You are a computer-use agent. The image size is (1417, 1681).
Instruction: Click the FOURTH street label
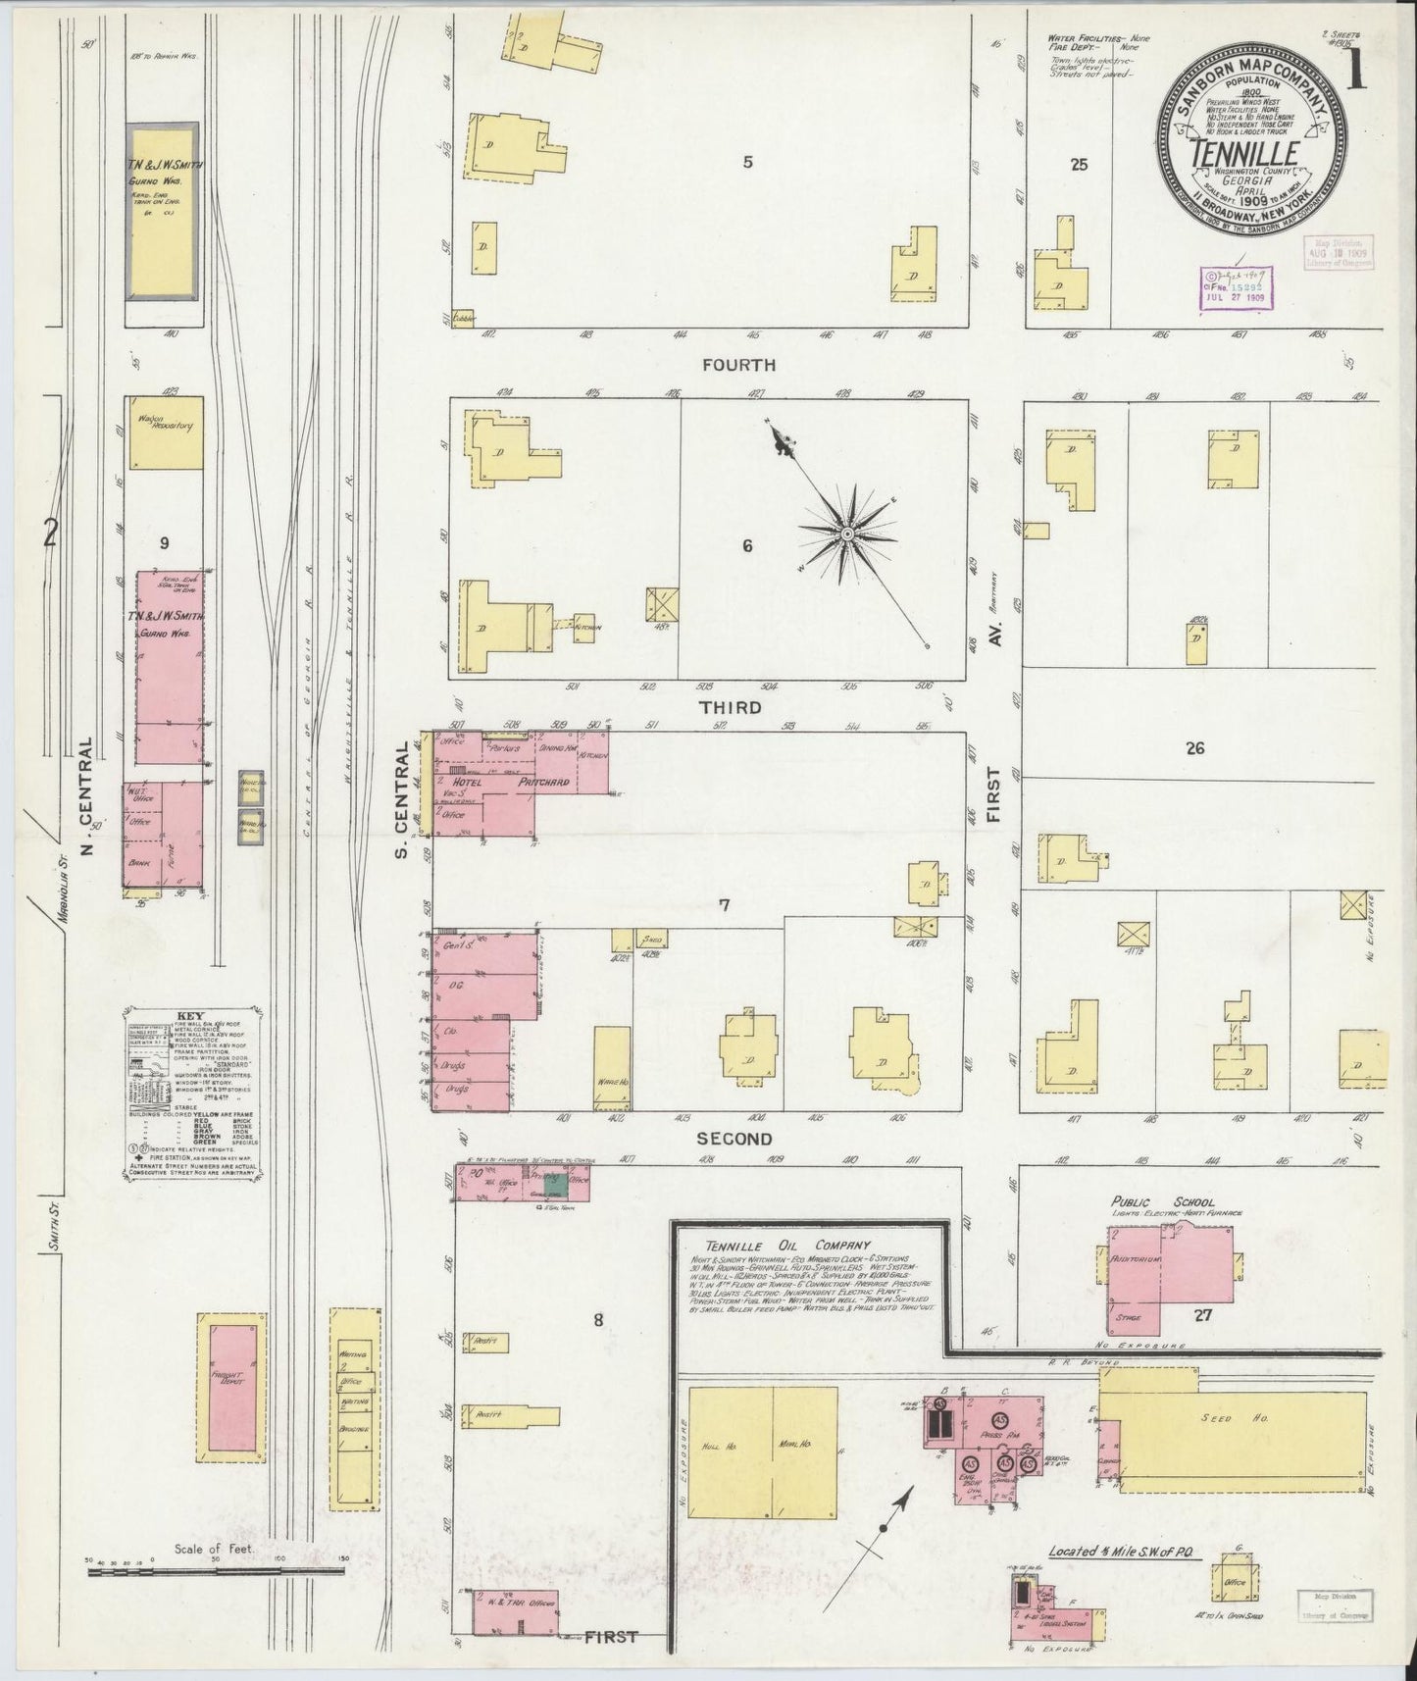tap(739, 365)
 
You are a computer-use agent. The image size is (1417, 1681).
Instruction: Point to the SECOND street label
tap(734, 1139)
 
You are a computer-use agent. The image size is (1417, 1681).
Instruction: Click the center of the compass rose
tap(845, 534)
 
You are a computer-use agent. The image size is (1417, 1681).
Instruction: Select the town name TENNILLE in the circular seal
tap(1245, 154)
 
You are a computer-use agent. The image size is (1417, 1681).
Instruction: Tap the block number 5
tap(747, 163)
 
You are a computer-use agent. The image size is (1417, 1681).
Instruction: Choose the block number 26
tap(1193, 749)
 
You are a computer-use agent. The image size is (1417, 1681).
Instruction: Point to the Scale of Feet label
tap(213, 1550)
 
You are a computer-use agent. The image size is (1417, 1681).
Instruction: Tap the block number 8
tap(597, 1319)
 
